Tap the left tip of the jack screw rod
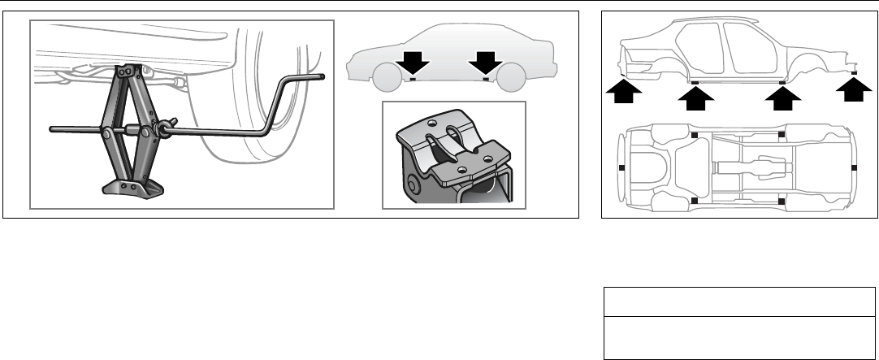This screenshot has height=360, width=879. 51,128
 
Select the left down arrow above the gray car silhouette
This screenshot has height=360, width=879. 412,63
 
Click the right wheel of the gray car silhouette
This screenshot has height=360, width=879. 510,79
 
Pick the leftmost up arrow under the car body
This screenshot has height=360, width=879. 621,93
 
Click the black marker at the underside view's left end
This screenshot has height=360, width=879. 621,167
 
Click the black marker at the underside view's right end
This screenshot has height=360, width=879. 855,167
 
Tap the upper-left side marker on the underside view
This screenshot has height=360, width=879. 694,133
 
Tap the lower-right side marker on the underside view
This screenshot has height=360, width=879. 781,200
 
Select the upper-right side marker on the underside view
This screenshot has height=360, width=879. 781,133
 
